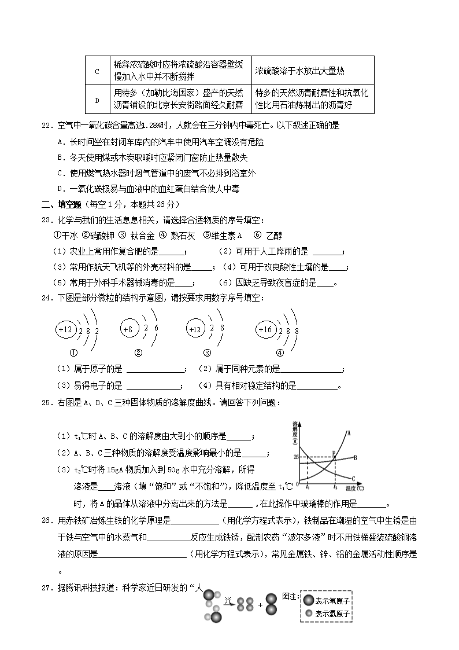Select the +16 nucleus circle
tap(265, 329)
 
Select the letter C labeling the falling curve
tap(353, 478)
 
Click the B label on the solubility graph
tap(355, 457)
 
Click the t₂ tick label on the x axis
tap(335, 487)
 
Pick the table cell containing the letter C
tap(97, 71)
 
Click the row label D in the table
tap(97, 100)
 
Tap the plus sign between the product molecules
tap(260, 605)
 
